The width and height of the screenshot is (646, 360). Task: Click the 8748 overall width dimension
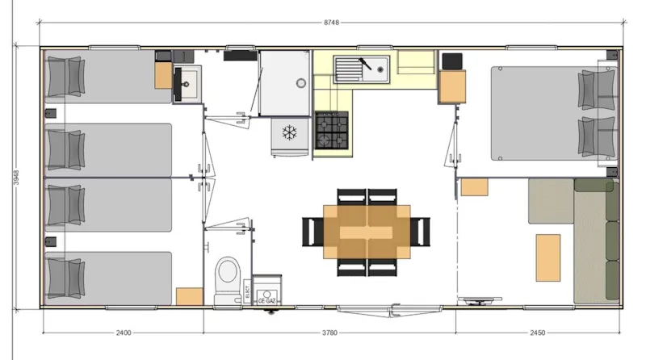[331, 23]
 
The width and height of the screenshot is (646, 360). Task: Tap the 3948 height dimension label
[17, 178]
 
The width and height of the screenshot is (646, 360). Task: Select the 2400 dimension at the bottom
[123, 332]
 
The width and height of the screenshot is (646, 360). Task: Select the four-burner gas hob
[331, 130]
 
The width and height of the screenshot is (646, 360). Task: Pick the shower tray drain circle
[300, 82]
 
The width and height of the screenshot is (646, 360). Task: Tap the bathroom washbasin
[187, 79]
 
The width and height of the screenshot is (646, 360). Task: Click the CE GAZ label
[267, 300]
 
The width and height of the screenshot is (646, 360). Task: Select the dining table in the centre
[367, 232]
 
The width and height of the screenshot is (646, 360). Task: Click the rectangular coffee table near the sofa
[548, 257]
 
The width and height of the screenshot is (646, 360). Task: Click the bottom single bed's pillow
[65, 277]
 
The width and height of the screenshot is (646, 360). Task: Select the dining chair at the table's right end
[422, 232]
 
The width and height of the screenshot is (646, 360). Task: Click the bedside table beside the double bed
[452, 86]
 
